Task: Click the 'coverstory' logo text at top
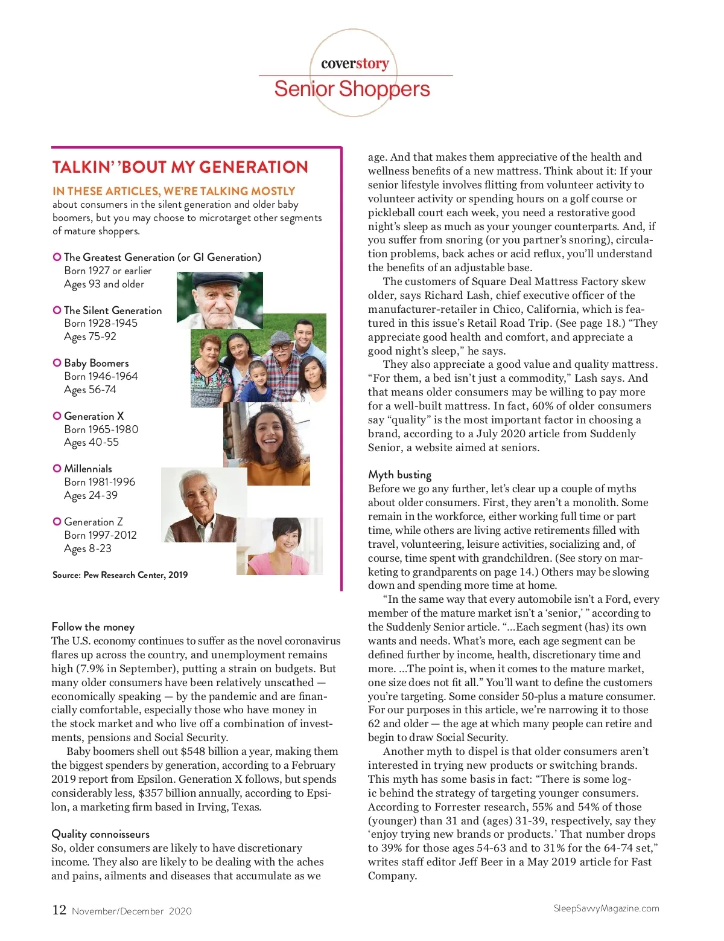coord(355,63)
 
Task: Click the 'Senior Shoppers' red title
coord(352,89)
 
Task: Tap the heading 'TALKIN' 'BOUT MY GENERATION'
coord(180,167)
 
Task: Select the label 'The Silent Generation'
coord(113,310)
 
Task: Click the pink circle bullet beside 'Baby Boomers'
coord(57,363)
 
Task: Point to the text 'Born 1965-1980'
coord(101,429)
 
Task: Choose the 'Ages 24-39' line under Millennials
coord(91,495)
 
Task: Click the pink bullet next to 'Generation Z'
coord(57,521)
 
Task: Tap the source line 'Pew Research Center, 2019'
coord(135,575)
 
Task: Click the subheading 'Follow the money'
coord(93,627)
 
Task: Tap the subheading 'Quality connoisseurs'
coord(100,834)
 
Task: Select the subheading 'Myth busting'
coord(399,475)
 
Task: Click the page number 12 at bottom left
coord(59,910)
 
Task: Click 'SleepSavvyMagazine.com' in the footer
coord(606,908)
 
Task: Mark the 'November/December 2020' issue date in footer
coord(132,911)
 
